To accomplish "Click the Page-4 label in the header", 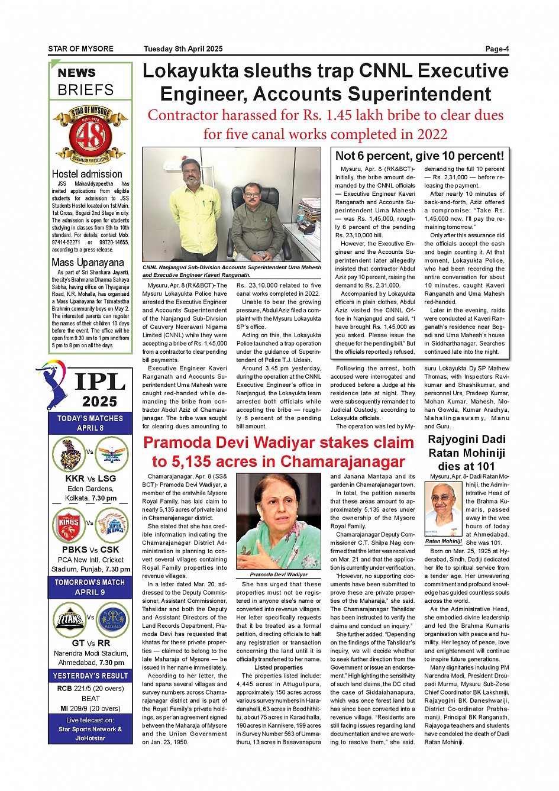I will coord(497,49).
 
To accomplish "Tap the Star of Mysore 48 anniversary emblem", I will coord(90,135).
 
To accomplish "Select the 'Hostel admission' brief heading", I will coord(87,174).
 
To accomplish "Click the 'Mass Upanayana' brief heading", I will coord(88,262).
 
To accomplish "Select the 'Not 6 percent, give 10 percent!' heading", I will coord(419,156).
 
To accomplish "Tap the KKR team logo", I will coord(70,454).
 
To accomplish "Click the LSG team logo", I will coord(111,454).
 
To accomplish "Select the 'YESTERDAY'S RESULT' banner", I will coord(91,676).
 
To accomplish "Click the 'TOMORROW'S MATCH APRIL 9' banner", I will coord(90,587).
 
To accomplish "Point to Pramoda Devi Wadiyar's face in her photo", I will coord(277,509).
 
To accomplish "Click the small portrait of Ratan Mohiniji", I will coord(442,508).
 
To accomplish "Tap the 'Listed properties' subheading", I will coord(279,667).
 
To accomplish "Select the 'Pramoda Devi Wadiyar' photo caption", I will coord(279,574).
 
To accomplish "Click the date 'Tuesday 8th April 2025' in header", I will coord(183,49).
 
